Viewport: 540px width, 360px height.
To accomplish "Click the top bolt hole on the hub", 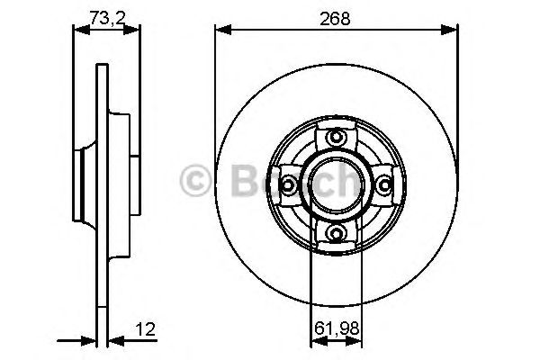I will [337, 137].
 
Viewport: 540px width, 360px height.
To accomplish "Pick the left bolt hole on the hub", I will [289, 185].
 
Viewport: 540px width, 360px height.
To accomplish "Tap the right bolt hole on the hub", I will [386, 185].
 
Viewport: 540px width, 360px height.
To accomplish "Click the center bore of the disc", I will [337, 185].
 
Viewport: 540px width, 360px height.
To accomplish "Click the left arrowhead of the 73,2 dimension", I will [77, 30].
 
